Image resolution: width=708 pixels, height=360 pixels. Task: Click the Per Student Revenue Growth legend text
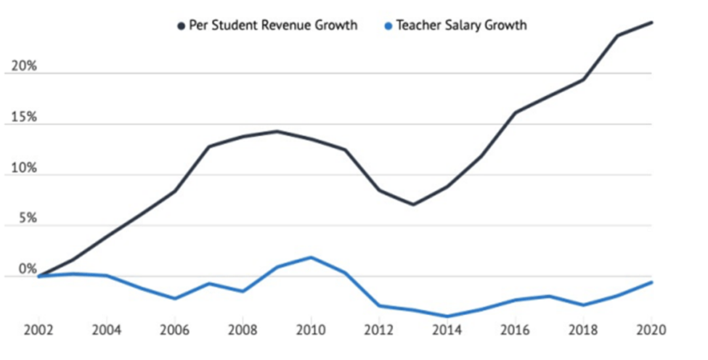[x=273, y=25]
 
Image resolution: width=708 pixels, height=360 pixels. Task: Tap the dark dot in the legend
[x=182, y=26]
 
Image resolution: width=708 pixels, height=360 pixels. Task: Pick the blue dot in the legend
[x=388, y=26]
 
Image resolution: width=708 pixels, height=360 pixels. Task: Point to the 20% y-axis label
[x=23, y=67]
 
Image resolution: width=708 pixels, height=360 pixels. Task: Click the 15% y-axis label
[x=23, y=118]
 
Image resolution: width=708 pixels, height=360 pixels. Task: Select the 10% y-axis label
[x=23, y=168]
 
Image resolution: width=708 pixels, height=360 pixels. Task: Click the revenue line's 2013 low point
[x=413, y=205]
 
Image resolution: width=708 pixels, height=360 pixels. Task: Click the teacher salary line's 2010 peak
[x=311, y=257]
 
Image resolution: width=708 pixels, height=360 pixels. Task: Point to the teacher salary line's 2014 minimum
[x=447, y=316]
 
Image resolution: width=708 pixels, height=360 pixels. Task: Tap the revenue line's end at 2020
[x=651, y=22]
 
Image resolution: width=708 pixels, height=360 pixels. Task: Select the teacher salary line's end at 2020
[x=651, y=282]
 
